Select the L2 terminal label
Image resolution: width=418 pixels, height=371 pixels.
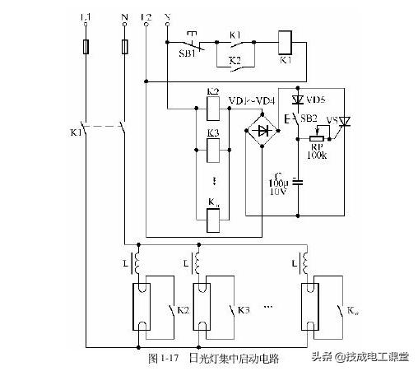click(x=146, y=16)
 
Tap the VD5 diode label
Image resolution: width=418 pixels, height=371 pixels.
click(x=315, y=99)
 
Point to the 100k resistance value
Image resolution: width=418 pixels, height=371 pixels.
click(x=315, y=154)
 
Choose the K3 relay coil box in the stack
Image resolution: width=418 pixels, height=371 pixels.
click(x=212, y=151)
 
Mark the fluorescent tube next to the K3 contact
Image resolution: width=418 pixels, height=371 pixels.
click(x=202, y=307)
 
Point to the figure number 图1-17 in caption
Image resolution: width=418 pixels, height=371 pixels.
click(x=164, y=359)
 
